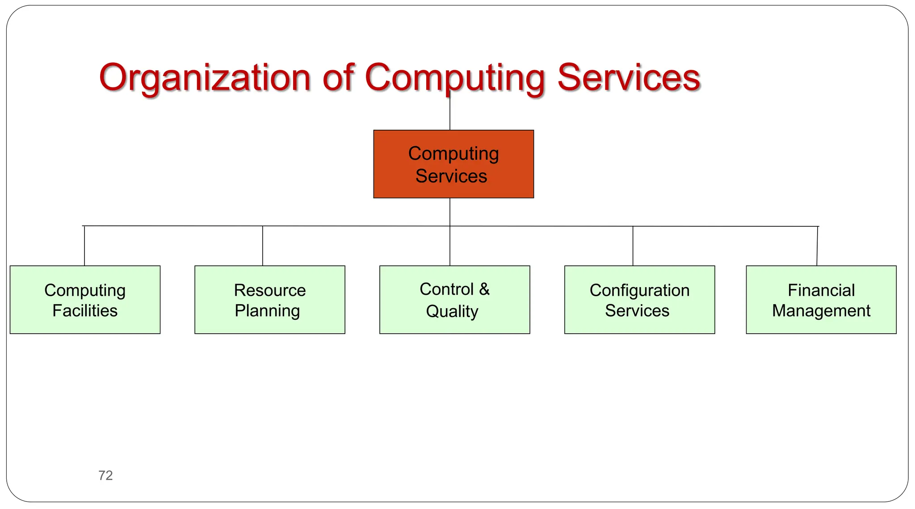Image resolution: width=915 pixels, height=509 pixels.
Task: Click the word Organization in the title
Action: [205, 78]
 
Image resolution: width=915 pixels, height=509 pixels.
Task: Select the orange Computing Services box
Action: [453, 164]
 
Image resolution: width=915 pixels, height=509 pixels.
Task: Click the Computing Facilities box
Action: [85, 300]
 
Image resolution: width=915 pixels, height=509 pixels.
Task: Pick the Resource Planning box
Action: [270, 300]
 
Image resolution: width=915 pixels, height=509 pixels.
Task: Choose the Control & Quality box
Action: [454, 300]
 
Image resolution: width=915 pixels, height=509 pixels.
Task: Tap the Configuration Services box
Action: [639, 300]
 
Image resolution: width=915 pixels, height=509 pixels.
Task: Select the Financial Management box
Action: [821, 300]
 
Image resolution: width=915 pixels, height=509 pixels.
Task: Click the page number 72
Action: [105, 475]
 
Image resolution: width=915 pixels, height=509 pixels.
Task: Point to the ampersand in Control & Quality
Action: [484, 289]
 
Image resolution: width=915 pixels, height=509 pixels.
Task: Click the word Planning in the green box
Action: [267, 311]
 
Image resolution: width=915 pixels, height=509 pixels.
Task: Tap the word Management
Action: [821, 311]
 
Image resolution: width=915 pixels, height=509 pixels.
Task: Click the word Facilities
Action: [85, 311]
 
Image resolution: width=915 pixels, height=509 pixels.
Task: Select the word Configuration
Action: [639, 290]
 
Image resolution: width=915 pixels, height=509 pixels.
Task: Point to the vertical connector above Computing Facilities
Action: [84, 246]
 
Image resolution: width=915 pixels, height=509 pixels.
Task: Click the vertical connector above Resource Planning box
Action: [263, 246]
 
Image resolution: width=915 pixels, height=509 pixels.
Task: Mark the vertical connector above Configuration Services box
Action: [633, 246]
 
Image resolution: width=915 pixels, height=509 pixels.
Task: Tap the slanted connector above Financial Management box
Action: [818, 246]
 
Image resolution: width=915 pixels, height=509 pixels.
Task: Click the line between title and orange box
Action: [450, 114]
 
